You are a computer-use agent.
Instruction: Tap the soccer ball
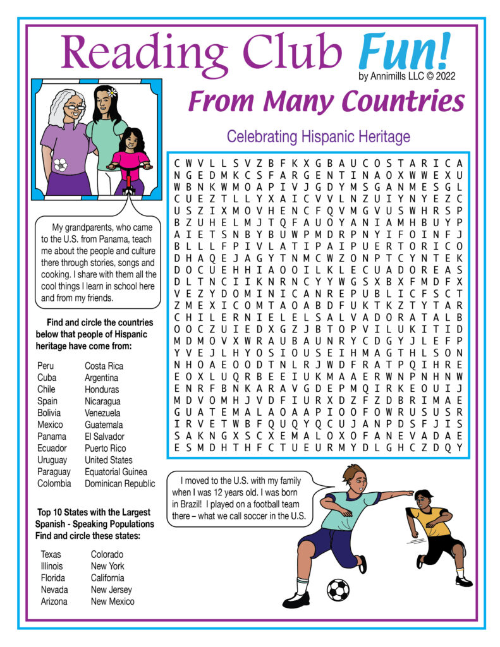click(338, 590)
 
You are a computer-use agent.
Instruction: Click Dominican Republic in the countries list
click(119, 484)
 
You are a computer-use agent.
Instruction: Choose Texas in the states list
click(51, 554)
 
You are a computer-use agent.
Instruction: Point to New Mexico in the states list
click(113, 602)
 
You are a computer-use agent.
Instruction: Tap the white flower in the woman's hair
click(113, 92)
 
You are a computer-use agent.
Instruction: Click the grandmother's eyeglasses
click(75, 108)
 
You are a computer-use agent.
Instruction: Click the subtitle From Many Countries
click(326, 101)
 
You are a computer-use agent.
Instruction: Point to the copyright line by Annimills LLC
click(406, 76)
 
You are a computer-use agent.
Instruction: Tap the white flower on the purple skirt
click(61, 164)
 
